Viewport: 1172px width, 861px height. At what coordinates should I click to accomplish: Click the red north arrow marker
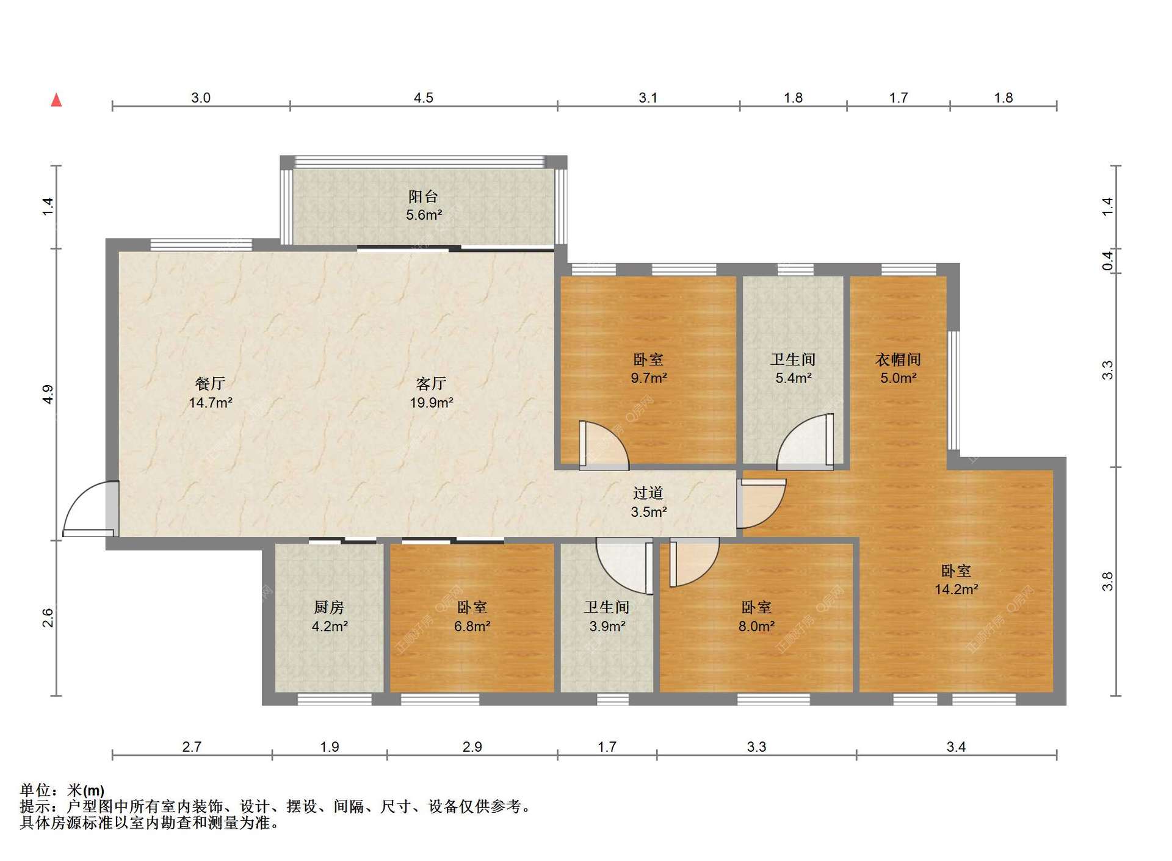[56, 99]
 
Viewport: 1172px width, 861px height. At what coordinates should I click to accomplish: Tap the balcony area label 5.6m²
[424, 215]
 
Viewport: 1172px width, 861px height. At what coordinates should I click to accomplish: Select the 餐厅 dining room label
[210, 383]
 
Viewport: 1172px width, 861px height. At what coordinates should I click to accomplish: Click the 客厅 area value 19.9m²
[431, 403]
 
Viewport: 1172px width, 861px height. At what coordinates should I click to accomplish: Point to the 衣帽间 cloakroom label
[898, 359]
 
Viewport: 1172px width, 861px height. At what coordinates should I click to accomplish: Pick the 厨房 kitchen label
[329, 607]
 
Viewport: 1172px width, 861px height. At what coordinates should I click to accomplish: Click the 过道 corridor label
[648, 492]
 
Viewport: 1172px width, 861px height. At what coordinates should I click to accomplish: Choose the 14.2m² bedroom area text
[957, 589]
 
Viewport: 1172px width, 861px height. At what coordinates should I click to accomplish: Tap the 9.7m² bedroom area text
[648, 378]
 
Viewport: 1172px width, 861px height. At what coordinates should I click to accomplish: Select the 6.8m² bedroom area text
[472, 626]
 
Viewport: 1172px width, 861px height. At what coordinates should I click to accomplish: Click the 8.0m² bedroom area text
[756, 626]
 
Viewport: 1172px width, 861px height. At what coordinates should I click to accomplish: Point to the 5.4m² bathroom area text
[793, 378]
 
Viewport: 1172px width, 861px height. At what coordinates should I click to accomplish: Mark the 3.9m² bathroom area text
[607, 626]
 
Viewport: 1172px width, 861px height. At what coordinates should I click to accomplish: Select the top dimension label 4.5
[423, 98]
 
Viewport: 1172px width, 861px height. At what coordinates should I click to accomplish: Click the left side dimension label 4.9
[48, 394]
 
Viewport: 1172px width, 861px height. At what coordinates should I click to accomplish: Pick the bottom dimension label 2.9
[472, 747]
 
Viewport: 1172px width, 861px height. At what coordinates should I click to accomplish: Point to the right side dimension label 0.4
[1107, 261]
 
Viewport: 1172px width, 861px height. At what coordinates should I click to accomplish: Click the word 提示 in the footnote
[35, 807]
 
